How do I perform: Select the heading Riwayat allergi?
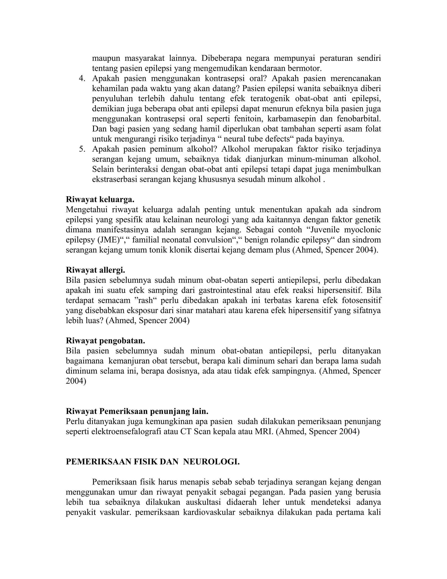click(95, 270)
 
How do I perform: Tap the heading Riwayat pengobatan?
click(105, 341)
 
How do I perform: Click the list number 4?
click(82, 79)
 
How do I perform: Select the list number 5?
click(82, 149)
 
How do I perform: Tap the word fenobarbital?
click(359, 119)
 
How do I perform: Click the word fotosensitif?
click(361, 300)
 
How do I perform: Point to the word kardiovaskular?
click(209, 512)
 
